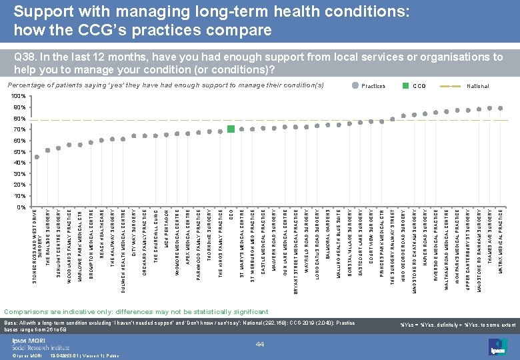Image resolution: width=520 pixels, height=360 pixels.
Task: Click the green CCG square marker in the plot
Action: [231, 129]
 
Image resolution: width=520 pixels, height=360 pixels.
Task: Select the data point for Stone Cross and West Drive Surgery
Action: [37, 157]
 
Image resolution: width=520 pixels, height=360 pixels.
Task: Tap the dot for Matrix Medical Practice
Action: [501, 108]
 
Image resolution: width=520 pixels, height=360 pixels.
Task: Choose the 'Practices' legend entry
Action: [373, 86]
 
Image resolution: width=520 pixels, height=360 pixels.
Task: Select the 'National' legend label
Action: [477, 86]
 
